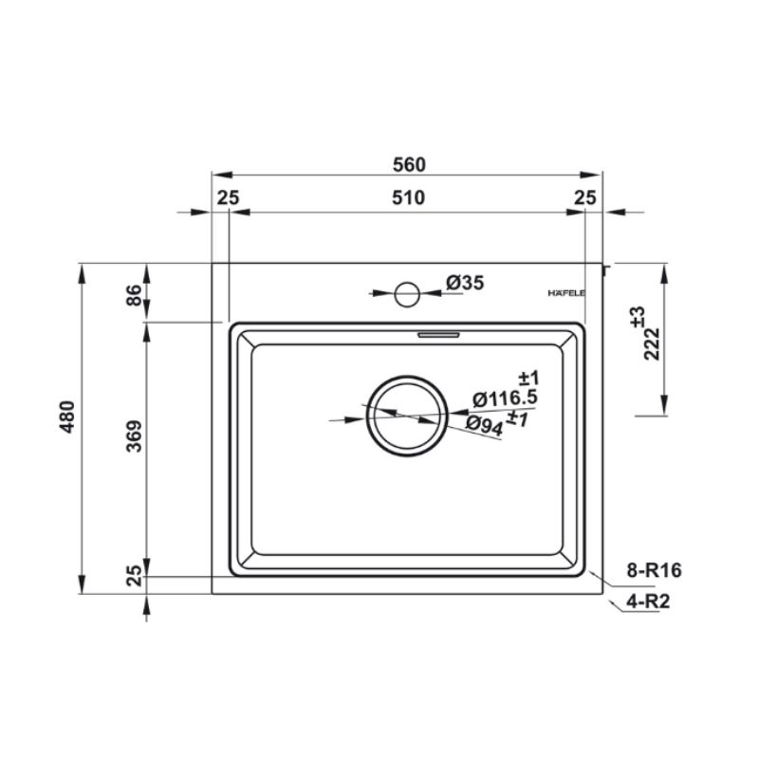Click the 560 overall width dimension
[x=409, y=164]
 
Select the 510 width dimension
[x=409, y=197]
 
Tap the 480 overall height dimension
[x=67, y=417]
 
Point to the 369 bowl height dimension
[x=134, y=436]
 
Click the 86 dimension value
[x=134, y=295]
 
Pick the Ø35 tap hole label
[x=465, y=282]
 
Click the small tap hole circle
[x=407, y=294]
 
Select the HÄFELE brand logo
[x=566, y=293]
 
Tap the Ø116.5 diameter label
[x=505, y=398]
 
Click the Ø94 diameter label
[x=485, y=425]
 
